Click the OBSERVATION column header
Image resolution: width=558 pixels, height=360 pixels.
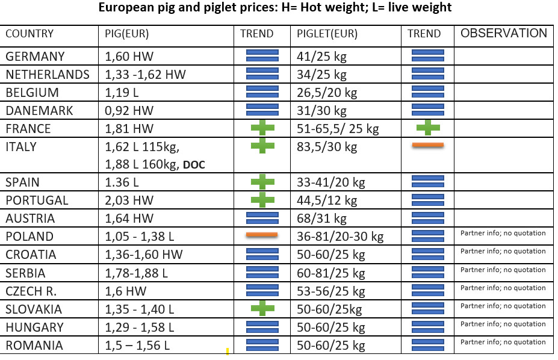(x=504, y=33)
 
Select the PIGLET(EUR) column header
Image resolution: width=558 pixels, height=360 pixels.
(x=327, y=34)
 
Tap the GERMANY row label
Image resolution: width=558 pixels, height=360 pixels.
(x=36, y=56)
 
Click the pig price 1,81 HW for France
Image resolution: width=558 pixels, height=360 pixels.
(x=129, y=128)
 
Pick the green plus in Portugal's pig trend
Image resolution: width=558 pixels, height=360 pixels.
(x=262, y=200)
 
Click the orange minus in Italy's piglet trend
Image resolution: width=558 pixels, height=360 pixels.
(x=428, y=144)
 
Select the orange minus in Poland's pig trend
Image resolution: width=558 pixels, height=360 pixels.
(x=262, y=234)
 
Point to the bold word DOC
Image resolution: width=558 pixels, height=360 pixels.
(x=194, y=165)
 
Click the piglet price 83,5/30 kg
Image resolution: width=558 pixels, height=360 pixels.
(x=327, y=146)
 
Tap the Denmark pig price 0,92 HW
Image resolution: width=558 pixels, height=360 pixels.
(x=129, y=110)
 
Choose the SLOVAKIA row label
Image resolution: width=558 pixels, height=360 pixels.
(x=34, y=309)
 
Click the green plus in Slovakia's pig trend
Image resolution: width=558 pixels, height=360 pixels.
(x=262, y=308)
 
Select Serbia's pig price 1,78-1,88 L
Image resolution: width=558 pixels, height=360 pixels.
(x=136, y=273)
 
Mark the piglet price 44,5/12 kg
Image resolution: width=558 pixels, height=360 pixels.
(x=327, y=200)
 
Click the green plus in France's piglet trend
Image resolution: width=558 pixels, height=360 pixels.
(x=428, y=128)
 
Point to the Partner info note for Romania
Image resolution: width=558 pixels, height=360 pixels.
(x=503, y=342)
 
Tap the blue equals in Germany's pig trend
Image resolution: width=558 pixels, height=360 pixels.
(x=262, y=56)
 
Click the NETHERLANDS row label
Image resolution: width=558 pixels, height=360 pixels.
(x=48, y=75)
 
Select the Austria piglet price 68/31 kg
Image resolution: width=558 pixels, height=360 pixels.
(x=321, y=219)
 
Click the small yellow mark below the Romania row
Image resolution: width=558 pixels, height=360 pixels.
(x=228, y=352)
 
